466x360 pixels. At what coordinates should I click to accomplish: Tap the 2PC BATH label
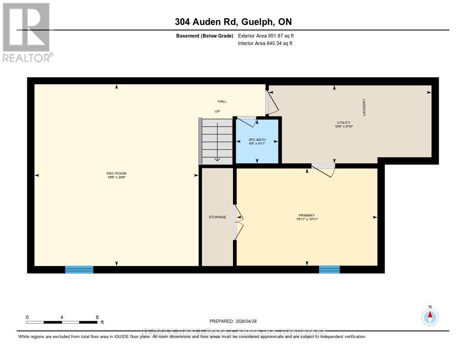257,140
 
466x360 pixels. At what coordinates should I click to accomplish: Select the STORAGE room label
218,217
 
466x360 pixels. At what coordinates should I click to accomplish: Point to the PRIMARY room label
307,215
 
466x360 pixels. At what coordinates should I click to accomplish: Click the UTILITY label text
344,122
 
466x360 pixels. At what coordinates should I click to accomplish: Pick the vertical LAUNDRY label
364,107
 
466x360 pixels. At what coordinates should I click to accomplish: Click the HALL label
222,101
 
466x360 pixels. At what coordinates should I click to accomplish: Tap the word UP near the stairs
218,111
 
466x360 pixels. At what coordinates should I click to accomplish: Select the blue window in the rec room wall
79,269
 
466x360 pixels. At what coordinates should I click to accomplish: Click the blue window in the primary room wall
329,269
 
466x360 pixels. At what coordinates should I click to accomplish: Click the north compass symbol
430,316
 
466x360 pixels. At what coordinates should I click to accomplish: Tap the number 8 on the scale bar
97,317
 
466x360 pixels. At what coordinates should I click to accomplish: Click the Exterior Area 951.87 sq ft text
269,35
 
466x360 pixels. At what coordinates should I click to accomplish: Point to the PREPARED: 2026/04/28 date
236,321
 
